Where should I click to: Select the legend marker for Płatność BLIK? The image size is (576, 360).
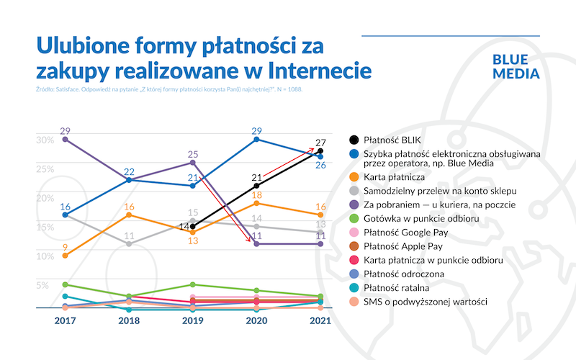tap(354, 140)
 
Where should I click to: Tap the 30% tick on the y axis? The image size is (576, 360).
tap(45, 140)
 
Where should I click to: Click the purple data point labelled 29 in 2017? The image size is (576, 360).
tap(65, 140)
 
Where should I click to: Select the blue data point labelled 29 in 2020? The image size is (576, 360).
tap(256, 139)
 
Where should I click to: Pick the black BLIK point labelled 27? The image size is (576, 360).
tap(320, 151)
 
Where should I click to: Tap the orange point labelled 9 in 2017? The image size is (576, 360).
tap(65, 256)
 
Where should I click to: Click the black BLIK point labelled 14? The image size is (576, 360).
tap(192, 226)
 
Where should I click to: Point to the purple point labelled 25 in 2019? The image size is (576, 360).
tap(192, 163)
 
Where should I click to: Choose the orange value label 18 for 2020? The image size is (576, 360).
tap(256, 195)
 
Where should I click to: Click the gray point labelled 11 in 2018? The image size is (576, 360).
tap(128, 244)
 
